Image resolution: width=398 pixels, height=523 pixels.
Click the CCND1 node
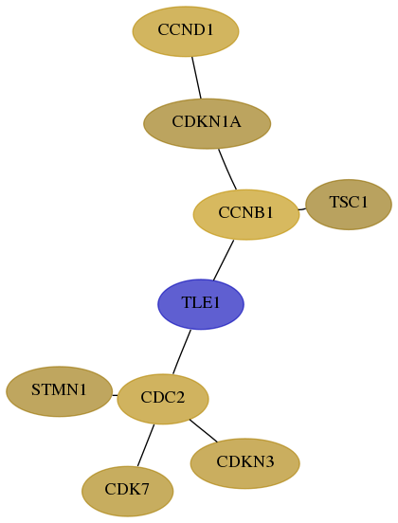click(x=186, y=31)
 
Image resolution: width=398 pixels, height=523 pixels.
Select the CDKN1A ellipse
click(x=207, y=124)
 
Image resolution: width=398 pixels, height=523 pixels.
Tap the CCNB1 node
click(x=246, y=214)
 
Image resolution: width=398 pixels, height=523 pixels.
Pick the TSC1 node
click(x=349, y=205)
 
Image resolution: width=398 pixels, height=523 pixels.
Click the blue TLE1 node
click(x=201, y=304)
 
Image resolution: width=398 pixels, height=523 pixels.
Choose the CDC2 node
click(x=163, y=399)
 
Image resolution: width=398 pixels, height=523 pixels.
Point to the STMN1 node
click(x=59, y=391)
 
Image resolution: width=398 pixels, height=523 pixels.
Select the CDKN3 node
click(x=244, y=463)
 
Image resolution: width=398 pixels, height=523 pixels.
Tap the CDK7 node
click(x=127, y=492)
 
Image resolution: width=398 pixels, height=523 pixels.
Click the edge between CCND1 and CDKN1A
click(x=196, y=78)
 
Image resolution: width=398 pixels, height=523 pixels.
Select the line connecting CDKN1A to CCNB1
click(x=227, y=169)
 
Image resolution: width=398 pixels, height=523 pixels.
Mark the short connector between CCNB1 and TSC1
click(x=301, y=209)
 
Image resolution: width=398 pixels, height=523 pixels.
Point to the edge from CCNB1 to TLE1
click(x=224, y=261)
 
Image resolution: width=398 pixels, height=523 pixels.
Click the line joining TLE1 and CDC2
click(x=182, y=352)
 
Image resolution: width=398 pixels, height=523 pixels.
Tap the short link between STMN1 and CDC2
click(x=115, y=396)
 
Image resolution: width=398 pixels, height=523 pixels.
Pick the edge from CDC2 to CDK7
click(x=146, y=445)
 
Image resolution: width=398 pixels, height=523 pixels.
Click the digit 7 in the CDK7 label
click(x=145, y=490)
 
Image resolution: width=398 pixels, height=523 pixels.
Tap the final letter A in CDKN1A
click(x=235, y=121)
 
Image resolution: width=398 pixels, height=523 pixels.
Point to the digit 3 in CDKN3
click(x=269, y=462)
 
